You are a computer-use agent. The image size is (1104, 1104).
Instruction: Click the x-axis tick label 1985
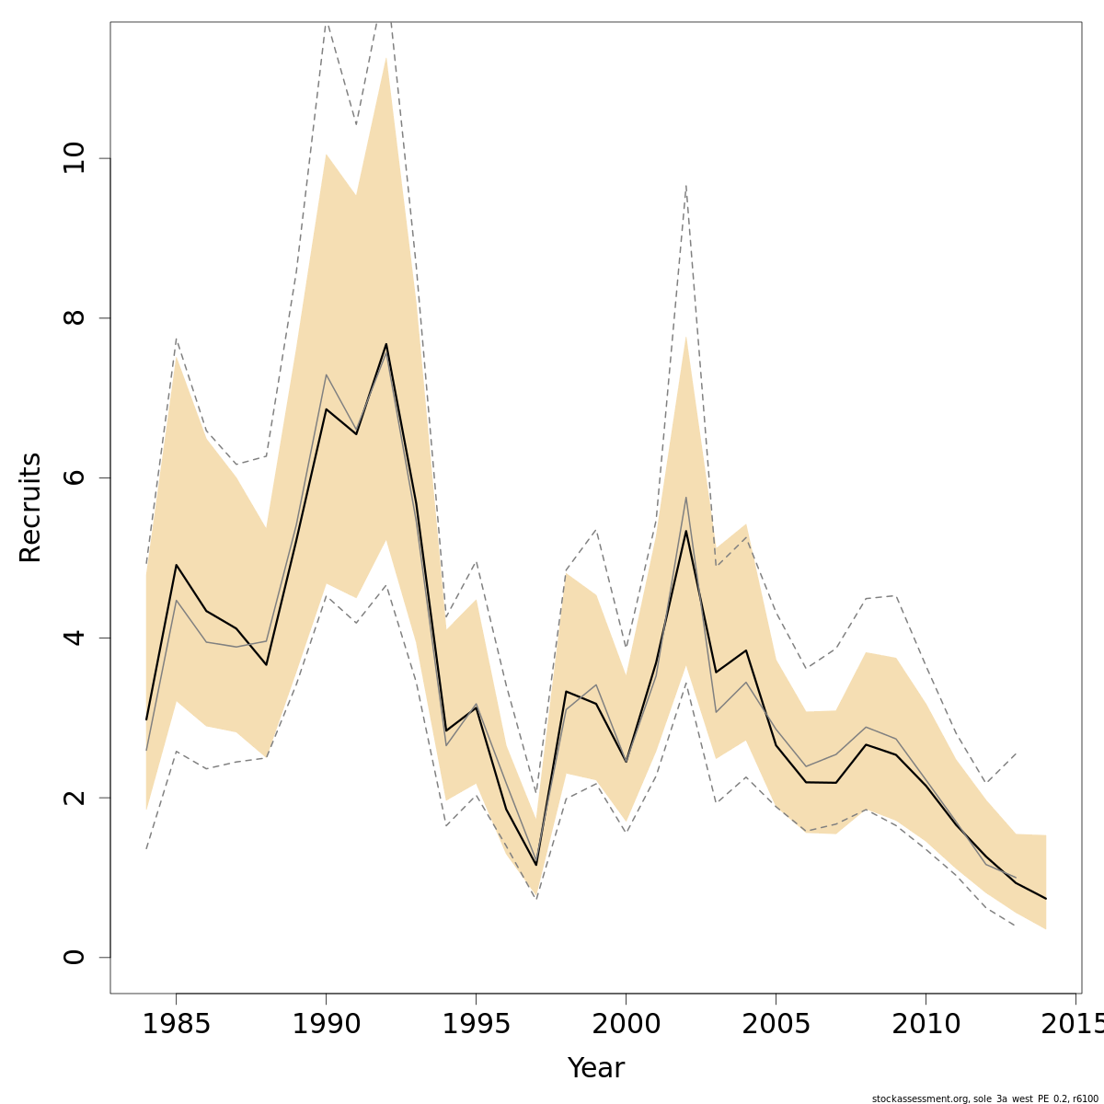coord(176,1025)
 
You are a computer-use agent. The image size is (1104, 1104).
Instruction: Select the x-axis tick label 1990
coord(326,1025)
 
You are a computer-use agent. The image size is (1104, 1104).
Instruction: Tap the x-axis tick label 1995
coord(476,1025)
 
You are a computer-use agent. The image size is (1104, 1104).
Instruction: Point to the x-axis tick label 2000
coord(626,1025)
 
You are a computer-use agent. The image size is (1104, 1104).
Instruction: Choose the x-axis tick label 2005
coord(776,1025)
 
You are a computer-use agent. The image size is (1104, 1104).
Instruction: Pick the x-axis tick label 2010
coord(926,1025)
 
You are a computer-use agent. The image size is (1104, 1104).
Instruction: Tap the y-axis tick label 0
coord(74,957)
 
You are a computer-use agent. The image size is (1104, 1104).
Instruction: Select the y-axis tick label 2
coord(74,798)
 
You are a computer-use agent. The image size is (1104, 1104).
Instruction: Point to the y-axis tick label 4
coord(74,638)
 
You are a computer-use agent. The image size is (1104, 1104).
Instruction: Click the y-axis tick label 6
coord(74,477)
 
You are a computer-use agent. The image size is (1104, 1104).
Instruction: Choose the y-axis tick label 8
coord(74,318)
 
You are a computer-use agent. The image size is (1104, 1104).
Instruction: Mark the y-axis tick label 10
coord(74,158)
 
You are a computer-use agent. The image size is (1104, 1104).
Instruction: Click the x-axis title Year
coord(595,1068)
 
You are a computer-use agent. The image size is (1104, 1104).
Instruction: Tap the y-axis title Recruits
coord(30,507)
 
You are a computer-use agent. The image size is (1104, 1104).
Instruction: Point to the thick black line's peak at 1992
coord(385,344)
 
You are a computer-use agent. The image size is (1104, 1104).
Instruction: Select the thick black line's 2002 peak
coord(685,531)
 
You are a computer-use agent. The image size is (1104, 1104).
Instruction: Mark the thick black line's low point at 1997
coord(535,865)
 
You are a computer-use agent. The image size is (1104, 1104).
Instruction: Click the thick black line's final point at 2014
coord(1045,898)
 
